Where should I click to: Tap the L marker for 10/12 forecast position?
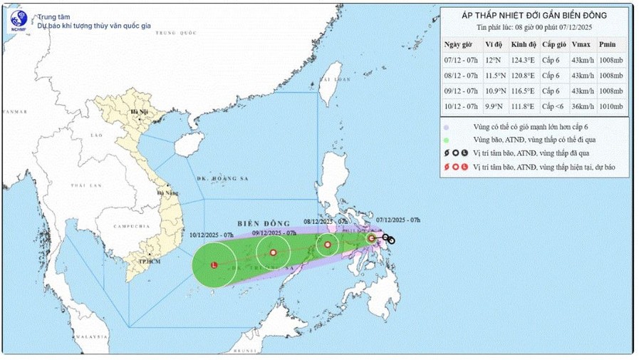pyautogui.click(x=214, y=265)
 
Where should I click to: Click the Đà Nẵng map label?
pyautogui.click(x=169, y=192)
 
